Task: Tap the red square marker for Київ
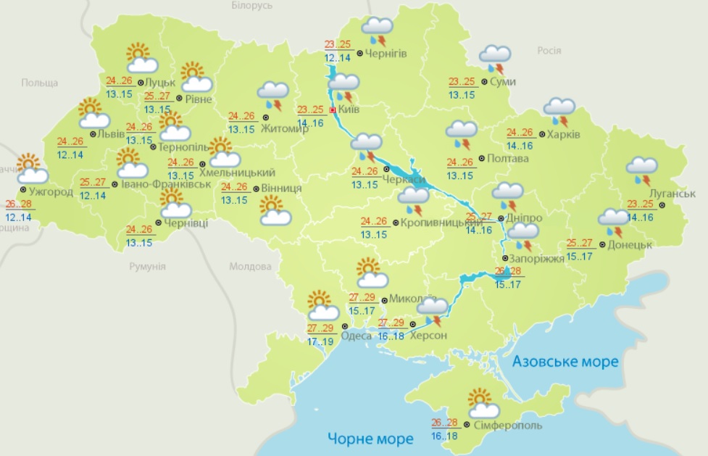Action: [333, 110]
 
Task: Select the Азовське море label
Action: [565, 361]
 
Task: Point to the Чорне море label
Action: [370, 438]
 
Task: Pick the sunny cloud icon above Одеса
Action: [322, 306]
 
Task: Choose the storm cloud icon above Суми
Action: [496, 59]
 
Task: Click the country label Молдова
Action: [250, 266]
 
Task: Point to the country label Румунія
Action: [147, 266]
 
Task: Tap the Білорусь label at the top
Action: [252, 6]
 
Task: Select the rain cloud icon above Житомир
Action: [274, 96]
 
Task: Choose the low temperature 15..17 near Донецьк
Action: [579, 257]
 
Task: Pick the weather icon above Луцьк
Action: [138, 58]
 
